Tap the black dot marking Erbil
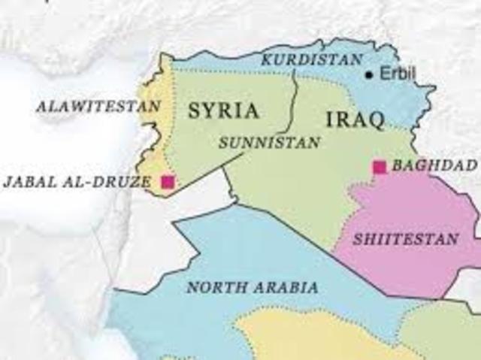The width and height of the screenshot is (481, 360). pyautogui.click(x=369, y=74)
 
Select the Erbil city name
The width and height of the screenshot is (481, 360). pyautogui.click(x=395, y=74)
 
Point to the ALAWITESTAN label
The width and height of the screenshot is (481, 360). pyautogui.click(x=98, y=106)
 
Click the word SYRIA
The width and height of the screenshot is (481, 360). pyautogui.click(x=223, y=111)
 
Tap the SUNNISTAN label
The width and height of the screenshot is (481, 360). pyautogui.click(x=270, y=141)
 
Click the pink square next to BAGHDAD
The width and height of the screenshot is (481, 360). pyautogui.click(x=380, y=167)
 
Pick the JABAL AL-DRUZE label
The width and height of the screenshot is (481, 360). pyautogui.click(x=76, y=182)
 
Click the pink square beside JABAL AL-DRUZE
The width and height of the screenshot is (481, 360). pyautogui.click(x=168, y=181)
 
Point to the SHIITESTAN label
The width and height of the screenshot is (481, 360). pyautogui.click(x=405, y=240)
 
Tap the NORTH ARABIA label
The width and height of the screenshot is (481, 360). pyautogui.click(x=252, y=287)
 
